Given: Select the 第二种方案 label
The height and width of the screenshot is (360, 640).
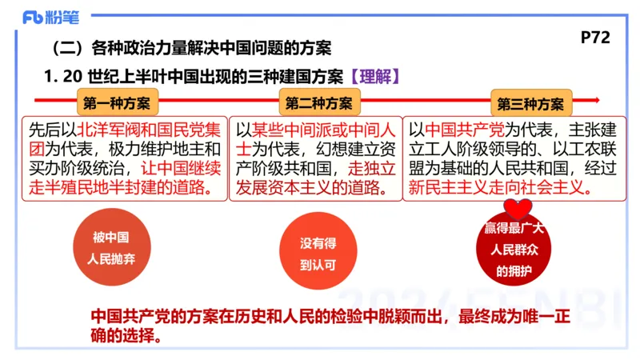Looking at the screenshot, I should tap(318, 103).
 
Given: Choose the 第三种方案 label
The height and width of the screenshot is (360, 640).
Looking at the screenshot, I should tap(530, 104).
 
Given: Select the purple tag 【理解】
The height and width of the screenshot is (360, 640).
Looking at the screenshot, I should tap(374, 77).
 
